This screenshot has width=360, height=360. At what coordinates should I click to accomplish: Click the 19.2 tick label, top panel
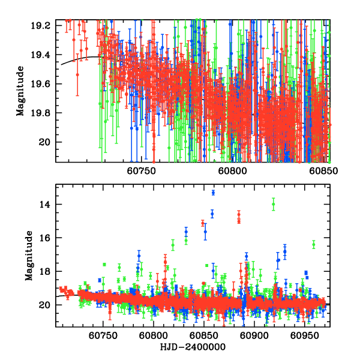(x=42, y=26)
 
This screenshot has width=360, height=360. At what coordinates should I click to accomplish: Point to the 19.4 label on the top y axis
(x=42, y=55)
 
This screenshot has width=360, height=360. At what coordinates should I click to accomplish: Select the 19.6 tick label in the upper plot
(x=42, y=84)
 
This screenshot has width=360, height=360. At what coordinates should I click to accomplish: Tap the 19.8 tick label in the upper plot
(x=42, y=113)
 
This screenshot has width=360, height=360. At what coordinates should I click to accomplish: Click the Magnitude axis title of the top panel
(x=21, y=91)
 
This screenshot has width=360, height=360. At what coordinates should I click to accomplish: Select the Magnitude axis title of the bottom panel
(x=28, y=256)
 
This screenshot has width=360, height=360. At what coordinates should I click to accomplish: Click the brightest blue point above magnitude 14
(x=213, y=193)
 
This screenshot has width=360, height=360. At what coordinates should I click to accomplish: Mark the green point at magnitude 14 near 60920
(x=274, y=204)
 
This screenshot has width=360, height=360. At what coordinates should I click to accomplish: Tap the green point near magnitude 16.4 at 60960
(x=314, y=244)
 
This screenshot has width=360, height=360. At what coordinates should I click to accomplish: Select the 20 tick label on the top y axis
(x=46, y=142)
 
